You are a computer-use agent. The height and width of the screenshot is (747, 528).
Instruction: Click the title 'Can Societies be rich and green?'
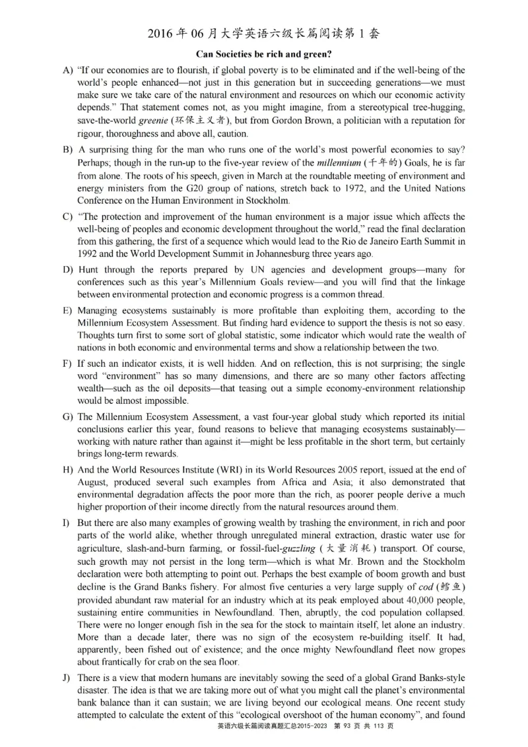point(263,53)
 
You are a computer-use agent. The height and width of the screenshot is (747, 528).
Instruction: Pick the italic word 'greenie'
point(154,121)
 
